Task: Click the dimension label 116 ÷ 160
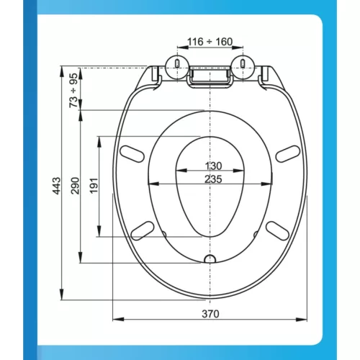[210, 42]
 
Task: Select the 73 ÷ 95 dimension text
[73, 90]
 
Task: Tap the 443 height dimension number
[57, 186]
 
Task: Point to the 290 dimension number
[75, 186]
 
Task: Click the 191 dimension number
[94, 186]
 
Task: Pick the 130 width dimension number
[213, 166]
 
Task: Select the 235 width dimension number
[213, 179]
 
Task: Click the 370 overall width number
[210, 314]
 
